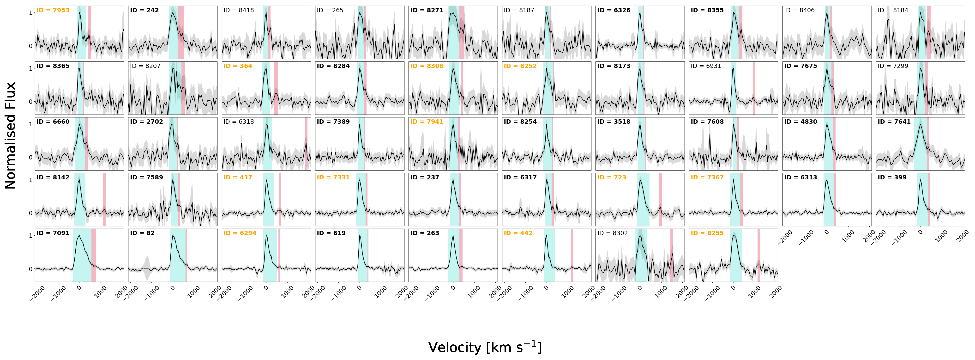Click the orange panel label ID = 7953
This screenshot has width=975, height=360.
53,10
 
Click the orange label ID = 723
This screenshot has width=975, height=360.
612,177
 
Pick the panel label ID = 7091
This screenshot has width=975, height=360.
53,233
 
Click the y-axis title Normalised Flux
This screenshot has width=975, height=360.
10,135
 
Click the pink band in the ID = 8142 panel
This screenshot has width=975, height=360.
104,200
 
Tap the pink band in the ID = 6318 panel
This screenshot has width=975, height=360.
306,144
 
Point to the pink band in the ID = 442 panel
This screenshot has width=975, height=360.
572,255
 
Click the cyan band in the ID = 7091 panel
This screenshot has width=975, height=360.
82,255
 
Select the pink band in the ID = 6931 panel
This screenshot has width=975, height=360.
754,88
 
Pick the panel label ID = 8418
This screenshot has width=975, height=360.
238,10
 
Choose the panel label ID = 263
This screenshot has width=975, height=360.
425,233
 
